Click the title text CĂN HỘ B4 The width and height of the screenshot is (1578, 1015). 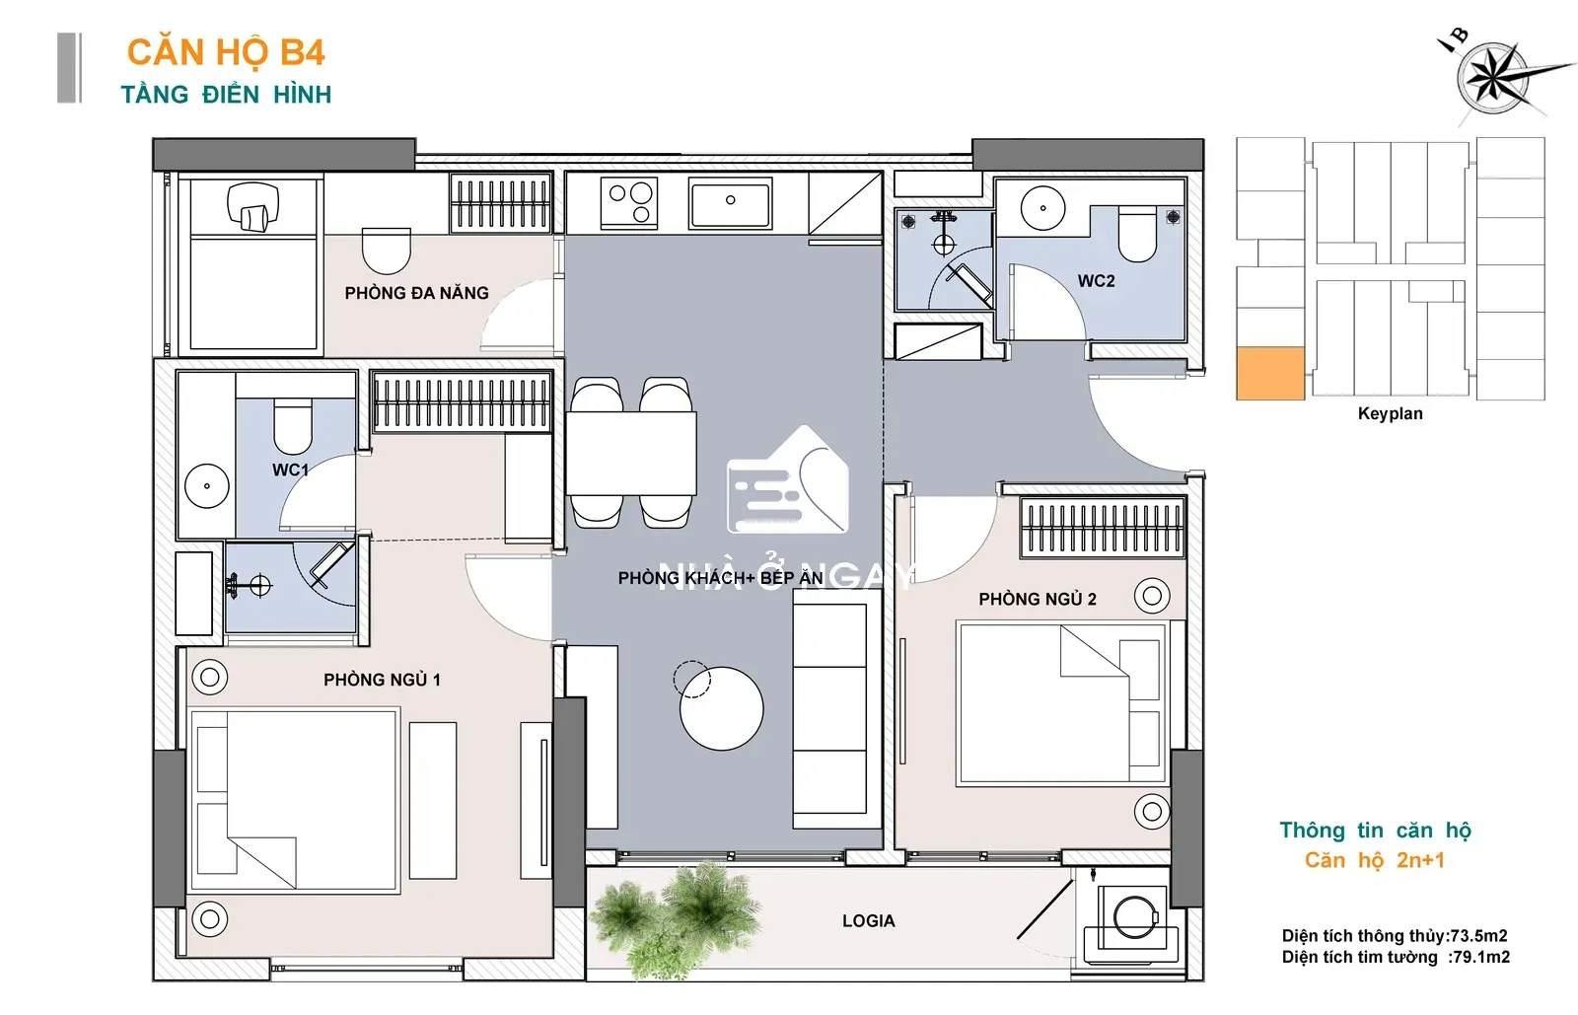pyautogui.click(x=226, y=53)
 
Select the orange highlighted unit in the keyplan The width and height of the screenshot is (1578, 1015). pyautogui.click(x=1270, y=373)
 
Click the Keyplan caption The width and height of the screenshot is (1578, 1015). pyautogui.click(x=1390, y=413)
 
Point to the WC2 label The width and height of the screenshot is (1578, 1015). pyautogui.click(x=1096, y=281)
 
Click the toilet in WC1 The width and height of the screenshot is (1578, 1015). pyautogui.click(x=292, y=426)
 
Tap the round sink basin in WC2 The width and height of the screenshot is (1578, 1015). pyautogui.click(x=1042, y=208)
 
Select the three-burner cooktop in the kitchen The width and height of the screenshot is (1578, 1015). pyautogui.click(x=629, y=203)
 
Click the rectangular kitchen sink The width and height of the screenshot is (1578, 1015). pyautogui.click(x=730, y=203)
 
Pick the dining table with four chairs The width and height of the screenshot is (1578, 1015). pyautogui.click(x=630, y=453)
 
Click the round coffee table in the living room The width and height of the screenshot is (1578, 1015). pyautogui.click(x=721, y=708)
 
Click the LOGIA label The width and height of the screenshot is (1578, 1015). pyautogui.click(x=869, y=920)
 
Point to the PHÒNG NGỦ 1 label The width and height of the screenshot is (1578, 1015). pyautogui.click(x=382, y=680)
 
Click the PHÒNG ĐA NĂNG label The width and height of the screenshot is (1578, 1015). pyautogui.click(x=416, y=293)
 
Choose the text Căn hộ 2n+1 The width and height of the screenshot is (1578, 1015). pyautogui.click(x=1375, y=860)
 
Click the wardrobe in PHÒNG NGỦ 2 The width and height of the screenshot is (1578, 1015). pyautogui.click(x=1103, y=527)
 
